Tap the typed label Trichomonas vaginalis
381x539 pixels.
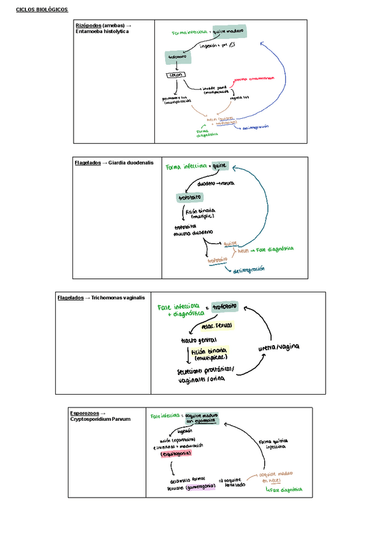coord(118,297)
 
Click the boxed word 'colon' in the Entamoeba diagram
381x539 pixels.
coord(175,75)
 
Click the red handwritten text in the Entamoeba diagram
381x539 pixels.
coord(254,79)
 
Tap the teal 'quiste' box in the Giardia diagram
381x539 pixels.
coord(220,167)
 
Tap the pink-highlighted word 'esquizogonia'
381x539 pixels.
coord(176,453)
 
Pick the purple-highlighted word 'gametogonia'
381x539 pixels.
coord(200,488)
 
